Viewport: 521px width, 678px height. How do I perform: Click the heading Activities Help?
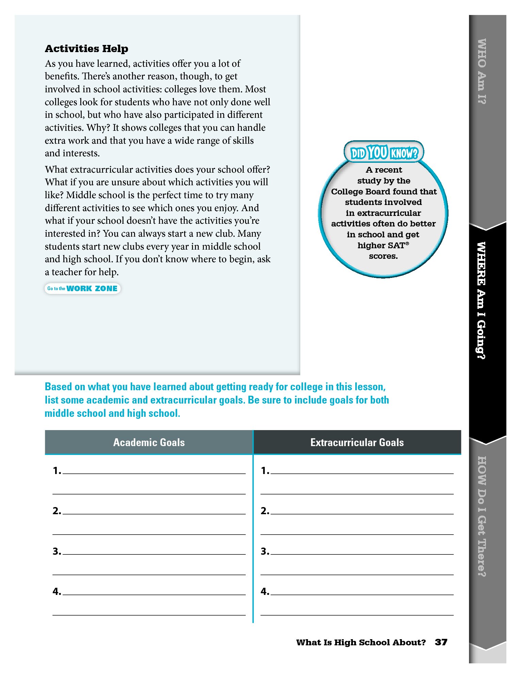coord(86,49)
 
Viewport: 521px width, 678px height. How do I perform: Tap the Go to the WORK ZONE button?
coord(82,288)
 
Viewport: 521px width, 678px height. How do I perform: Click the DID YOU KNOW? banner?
coord(384,153)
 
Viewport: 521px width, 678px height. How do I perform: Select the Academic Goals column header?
coord(149,442)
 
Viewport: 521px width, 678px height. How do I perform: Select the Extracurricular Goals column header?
coord(357,442)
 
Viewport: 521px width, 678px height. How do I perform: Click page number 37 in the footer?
coord(441,642)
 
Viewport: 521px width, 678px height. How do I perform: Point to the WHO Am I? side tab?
coord(482,72)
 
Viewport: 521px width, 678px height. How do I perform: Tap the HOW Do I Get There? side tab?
coord(482,516)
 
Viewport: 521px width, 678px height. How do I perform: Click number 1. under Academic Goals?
coord(56,471)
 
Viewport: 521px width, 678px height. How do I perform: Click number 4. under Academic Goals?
coord(56,592)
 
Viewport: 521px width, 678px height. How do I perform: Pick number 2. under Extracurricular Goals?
coord(265,511)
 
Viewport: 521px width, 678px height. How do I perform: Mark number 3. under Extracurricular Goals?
coord(265,551)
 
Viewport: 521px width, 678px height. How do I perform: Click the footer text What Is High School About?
coord(361,642)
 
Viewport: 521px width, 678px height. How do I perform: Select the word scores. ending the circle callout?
coord(383,256)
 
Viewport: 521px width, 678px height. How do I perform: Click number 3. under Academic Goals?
coord(56,551)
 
